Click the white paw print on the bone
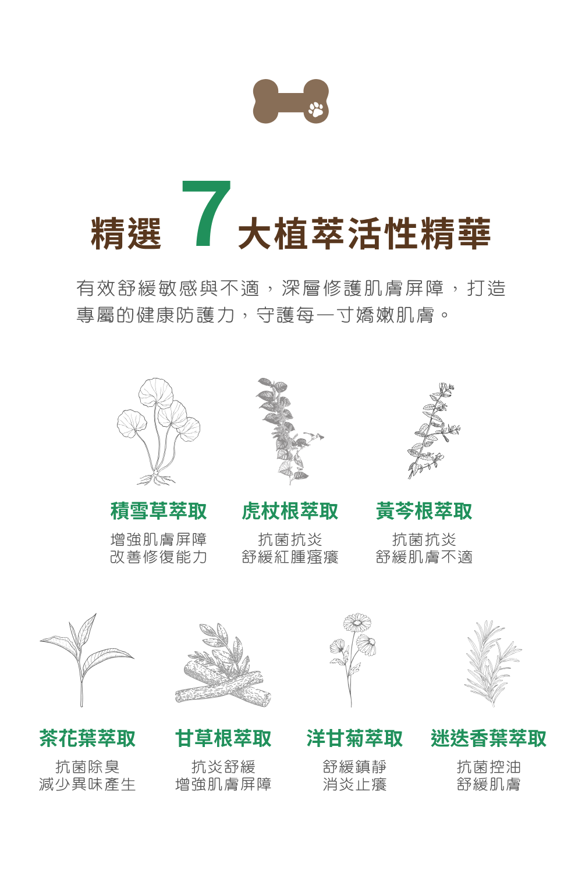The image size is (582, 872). click(x=315, y=109)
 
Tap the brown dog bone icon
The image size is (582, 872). click(x=291, y=101)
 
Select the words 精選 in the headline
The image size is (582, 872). click(x=126, y=233)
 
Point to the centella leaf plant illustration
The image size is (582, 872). click(x=158, y=431)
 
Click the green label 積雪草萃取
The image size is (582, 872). click(x=159, y=511)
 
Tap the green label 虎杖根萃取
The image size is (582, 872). click(x=290, y=511)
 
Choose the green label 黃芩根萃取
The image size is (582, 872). click(x=424, y=511)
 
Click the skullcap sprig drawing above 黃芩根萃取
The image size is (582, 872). click(x=434, y=431)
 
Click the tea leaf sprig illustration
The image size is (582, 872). click(x=87, y=660)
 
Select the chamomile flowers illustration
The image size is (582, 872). click(x=353, y=660)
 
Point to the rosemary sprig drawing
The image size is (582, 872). click(x=493, y=663)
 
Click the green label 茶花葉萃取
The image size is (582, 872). click(x=87, y=738)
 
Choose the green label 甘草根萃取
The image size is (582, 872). click(x=223, y=738)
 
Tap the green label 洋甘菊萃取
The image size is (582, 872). click(x=355, y=738)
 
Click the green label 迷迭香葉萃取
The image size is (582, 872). click(x=489, y=738)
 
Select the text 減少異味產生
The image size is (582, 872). click(x=87, y=784)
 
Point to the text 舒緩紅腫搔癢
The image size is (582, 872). click(x=290, y=557)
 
